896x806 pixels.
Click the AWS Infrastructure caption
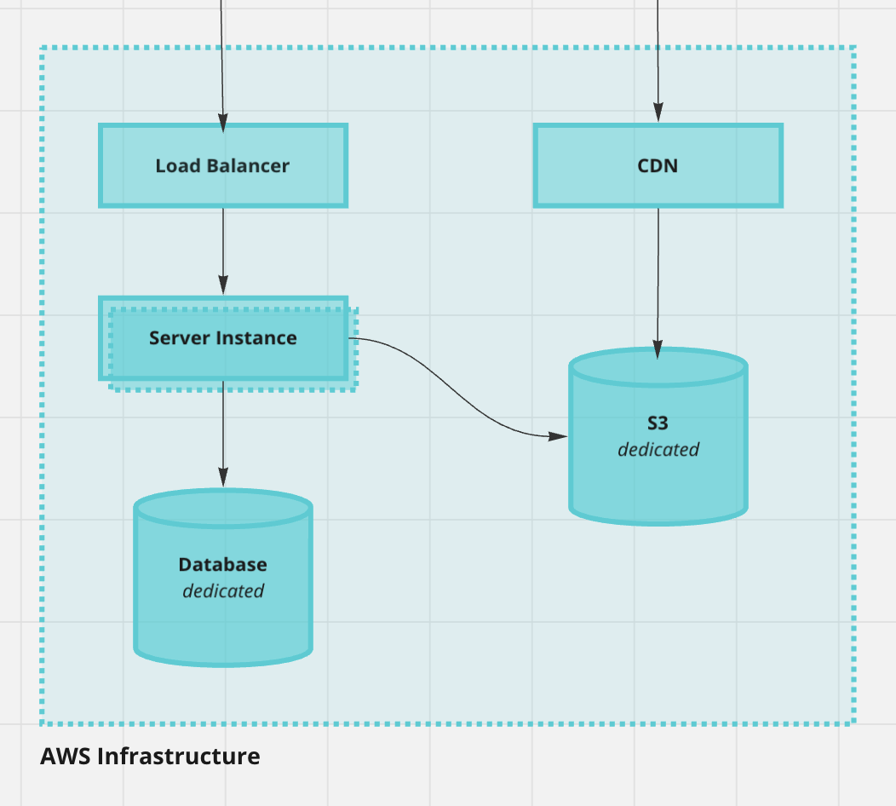tap(150, 756)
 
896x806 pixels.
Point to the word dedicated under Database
tap(223, 590)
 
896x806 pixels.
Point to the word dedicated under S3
tap(658, 449)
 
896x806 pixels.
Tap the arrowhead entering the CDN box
tap(658, 112)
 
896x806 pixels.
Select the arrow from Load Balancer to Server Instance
tap(223, 247)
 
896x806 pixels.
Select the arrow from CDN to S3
tap(658, 273)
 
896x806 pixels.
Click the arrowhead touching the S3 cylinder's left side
tap(558, 435)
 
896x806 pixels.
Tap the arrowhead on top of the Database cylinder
tap(223, 478)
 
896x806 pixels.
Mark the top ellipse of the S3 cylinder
tap(658, 367)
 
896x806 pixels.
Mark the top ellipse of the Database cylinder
tap(223, 509)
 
